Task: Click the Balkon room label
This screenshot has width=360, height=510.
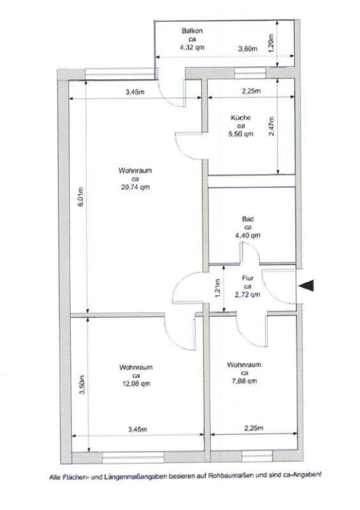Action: (x=192, y=31)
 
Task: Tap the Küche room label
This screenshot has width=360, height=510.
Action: (x=241, y=117)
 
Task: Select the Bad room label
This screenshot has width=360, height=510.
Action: (x=247, y=219)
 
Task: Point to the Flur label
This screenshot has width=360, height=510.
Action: (x=247, y=278)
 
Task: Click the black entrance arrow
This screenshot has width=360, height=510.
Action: (x=306, y=285)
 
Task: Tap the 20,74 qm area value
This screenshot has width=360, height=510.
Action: (x=135, y=187)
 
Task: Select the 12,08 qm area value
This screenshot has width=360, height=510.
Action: (x=136, y=384)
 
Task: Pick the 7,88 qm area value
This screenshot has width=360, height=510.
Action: (x=244, y=381)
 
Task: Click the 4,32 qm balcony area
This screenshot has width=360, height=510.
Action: (x=192, y=47)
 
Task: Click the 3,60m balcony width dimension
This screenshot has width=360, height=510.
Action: (x=247, y=49)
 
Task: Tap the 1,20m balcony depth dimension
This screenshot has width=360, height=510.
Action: (x=271, y=42)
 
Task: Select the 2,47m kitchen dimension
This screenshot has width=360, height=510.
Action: (x=271, y=126)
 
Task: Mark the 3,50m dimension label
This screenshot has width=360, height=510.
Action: (x=82, y=385)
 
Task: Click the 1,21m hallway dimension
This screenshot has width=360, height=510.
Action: (x=218, y=289)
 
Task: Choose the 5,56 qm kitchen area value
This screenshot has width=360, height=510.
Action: (x=241, y=134)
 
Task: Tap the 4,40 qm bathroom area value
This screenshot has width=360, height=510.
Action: (x=247, y=235)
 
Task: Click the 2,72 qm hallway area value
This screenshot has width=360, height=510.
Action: (x=247, y=295)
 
